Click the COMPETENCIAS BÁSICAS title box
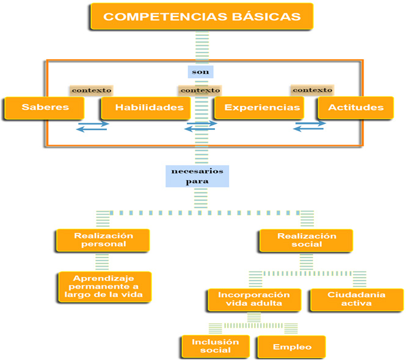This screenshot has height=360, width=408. click(202, 17)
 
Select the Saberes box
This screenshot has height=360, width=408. click(45, 108)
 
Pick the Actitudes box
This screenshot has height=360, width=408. click(355, 108)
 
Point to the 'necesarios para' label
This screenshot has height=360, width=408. click(197, 176)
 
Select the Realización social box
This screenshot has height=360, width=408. click(307, 240)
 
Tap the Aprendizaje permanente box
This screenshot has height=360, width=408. click(103, 286)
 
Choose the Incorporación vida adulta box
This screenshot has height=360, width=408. click(253, 299)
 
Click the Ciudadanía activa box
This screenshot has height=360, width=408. click(357, 299)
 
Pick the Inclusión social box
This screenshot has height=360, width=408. click(216, 346)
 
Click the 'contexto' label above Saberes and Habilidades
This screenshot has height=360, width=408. click(92, 90)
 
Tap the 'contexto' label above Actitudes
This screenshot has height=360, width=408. click(312, 90)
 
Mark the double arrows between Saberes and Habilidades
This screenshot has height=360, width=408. click(93, 126)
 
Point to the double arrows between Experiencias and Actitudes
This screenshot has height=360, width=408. click(310, 126)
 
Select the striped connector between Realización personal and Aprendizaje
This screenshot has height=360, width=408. click(103, 262)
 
